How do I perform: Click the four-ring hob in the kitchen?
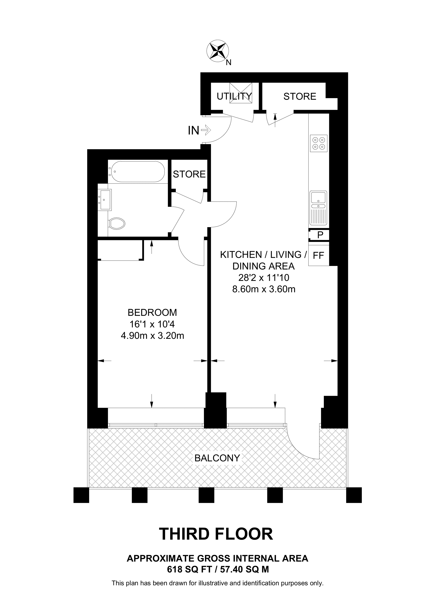[319, 143]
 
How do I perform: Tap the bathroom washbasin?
[104, 200]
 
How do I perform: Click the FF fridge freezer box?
[319, 255]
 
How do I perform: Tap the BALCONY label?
[217, 458]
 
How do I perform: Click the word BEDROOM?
[152, 313]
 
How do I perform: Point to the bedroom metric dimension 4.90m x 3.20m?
[152, 336]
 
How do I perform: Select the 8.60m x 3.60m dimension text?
[264, 289]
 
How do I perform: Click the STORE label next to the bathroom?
[189, 174]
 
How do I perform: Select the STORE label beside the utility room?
[300, 96]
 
